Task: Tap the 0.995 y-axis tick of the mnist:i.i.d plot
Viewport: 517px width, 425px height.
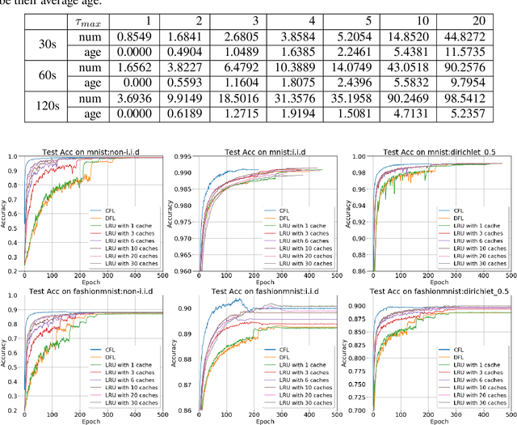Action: coord(178,157)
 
